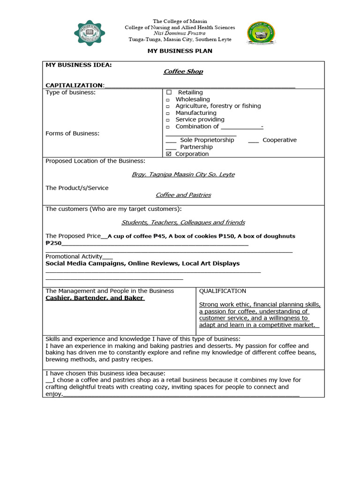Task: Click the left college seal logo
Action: [90, 33]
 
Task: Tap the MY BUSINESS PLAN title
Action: [180, 51]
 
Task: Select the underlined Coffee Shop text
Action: [183, 71]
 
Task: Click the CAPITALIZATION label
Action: [74, 85]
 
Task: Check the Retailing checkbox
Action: [169, 92]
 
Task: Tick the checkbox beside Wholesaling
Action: [168, 100]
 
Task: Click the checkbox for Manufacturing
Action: [168, 113]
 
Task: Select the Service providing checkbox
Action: [168, 120]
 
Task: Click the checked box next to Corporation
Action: [169, 154]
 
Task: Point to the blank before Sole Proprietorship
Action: [171, 140]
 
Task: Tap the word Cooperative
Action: [279, 140]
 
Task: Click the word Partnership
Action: [196, 147]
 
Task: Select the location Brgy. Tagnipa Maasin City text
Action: [183, 174]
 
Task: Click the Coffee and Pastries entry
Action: [183, 195]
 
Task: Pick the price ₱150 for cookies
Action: [226, 236]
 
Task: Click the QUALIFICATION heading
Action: [222, 291]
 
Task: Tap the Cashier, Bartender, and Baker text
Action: [95, 298]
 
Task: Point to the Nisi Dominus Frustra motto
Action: [180, 33]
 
